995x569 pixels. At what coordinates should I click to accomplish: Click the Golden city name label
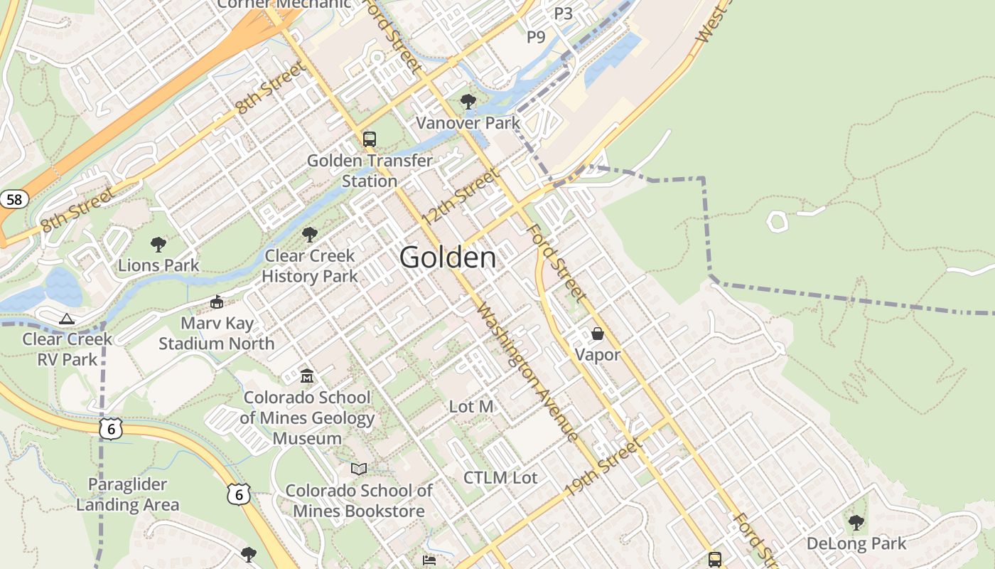448,257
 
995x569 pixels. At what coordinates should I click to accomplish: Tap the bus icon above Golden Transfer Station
369,139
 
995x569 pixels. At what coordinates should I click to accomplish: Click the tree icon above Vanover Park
468,102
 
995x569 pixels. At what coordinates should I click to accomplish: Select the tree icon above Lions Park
158,245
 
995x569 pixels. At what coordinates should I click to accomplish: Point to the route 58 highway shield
14,199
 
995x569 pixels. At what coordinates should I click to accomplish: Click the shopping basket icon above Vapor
597,334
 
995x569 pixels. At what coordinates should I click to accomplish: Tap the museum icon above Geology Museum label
307,376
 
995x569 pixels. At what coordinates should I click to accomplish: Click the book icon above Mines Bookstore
359,469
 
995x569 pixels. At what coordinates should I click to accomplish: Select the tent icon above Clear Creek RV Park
67,319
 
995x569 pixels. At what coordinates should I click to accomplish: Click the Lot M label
471,407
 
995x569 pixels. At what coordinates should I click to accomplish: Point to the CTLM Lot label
500,478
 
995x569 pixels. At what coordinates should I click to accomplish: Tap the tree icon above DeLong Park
856,523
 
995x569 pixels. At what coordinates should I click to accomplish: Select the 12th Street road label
461,196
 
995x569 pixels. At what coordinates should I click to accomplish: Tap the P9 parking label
536,37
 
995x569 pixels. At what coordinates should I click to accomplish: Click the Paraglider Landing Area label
127,495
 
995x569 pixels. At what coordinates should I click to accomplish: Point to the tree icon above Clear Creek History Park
309,234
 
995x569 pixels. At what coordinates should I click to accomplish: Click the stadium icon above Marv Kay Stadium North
217,302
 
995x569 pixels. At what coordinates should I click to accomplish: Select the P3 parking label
563,13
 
